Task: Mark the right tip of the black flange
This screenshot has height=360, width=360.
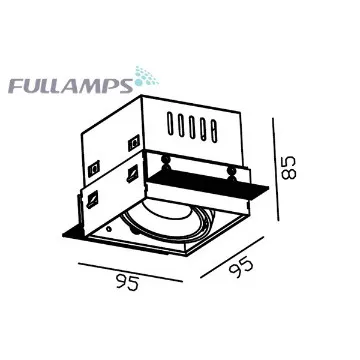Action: [268, 190]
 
